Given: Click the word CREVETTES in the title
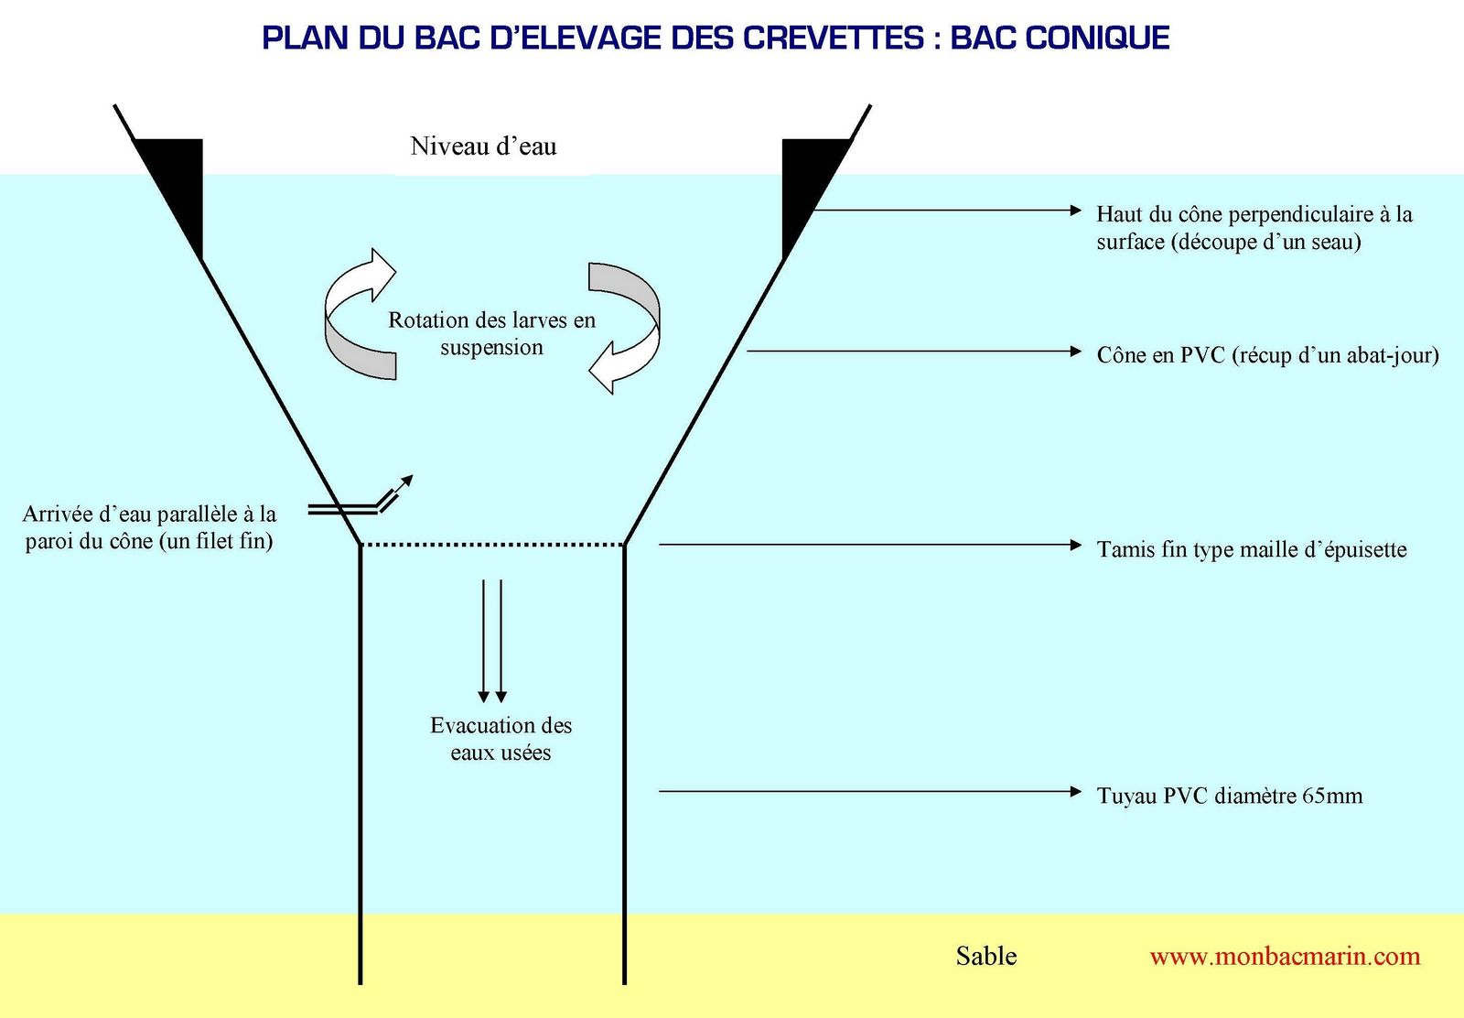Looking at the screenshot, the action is [834, 38].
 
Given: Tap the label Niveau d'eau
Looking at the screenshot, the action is [484, 146].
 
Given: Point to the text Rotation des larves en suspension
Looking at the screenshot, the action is [491, 333].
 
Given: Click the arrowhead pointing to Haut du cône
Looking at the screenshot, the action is [1076, 210].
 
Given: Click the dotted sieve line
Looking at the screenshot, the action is [493, 544].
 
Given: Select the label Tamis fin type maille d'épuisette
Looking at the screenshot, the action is [1252, 549].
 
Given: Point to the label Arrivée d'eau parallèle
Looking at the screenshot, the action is [149, 527].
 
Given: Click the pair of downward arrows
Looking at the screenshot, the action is [492, 641].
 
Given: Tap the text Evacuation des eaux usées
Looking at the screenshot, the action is [501, 739].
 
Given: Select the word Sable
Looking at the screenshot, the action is [986, 956].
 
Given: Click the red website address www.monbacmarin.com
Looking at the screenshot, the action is [1285, 957].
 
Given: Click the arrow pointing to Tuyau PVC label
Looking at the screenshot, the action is [870, 791].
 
